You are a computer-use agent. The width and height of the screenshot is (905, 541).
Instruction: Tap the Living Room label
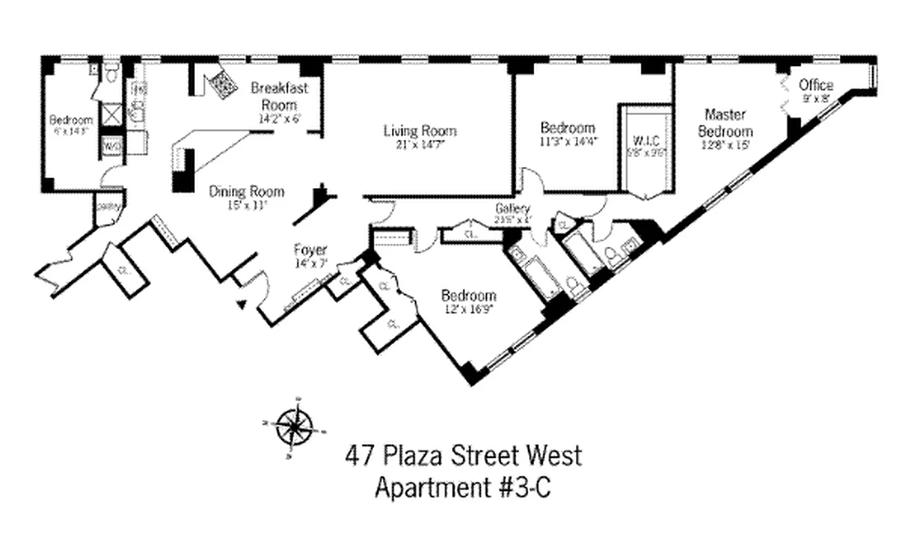point(420,131)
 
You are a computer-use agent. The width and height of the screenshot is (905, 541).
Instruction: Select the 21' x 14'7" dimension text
point(420,144)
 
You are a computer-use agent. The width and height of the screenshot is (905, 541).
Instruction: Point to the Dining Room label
point(246,191)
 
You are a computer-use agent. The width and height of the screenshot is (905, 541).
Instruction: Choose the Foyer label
point(310,250)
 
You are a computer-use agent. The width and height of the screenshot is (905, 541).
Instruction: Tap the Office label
point(816,85)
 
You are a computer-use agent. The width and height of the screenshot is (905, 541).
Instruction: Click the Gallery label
point(512,208)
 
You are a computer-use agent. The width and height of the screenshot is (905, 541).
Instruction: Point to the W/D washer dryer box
point(110,145)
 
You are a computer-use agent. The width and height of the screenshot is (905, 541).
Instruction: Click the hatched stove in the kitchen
point(222,85)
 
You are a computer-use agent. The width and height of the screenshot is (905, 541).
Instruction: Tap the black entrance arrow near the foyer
point(240,305)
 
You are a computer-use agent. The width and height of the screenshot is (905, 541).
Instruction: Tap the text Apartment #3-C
point(463,488)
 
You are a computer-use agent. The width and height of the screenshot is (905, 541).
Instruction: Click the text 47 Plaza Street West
point(463,455)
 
